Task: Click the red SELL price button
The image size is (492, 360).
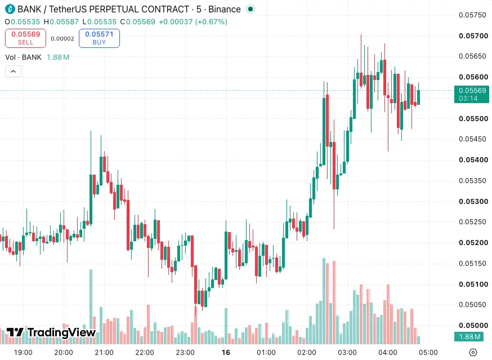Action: (x=25, y=38)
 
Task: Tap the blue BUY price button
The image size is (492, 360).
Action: (x=99, y=38)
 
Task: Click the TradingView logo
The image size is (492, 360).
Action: (x=51, y=332)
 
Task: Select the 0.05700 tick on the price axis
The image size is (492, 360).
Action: (x=473, y=36)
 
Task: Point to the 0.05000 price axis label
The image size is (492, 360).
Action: (x=473, y=325)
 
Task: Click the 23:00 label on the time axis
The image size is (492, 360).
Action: (x=185, y=352)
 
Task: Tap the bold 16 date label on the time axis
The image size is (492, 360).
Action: (x=226, y=352)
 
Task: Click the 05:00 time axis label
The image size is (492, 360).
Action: (x=428, y=352)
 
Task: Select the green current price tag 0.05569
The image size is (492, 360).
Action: (x=472, y=94)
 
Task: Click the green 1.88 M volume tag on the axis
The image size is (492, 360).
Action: (x=469, y=337)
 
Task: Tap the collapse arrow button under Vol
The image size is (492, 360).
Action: (x=13, y=72)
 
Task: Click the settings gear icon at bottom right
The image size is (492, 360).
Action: (x=473, y=352)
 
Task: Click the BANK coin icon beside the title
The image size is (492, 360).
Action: (x=10, y=9)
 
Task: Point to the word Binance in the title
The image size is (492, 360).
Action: (x=225, y=9)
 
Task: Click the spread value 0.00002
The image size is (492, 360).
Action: (x=62, y=39)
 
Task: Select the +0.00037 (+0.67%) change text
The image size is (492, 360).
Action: (x=193, y=21)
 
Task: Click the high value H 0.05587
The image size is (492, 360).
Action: (x=61, y=21)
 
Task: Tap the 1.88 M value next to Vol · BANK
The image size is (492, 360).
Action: (x=58, y=57)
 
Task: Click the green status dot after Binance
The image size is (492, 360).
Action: (x=251, y=9)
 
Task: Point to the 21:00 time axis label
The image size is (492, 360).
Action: (x=104, y=352)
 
